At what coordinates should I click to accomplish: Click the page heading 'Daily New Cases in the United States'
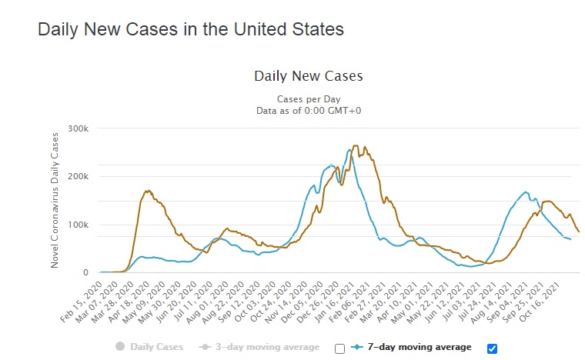tap(190, 31)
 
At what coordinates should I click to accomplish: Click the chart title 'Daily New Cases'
tap(308, 76)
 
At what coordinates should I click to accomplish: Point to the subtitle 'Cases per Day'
tap(308, 99)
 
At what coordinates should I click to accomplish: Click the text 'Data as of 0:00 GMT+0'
tap(308, 111)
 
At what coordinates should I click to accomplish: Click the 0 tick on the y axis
tap(86, 273)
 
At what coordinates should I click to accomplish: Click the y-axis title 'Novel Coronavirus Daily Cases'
tap(55, 200)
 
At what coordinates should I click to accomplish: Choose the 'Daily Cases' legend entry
tap(151, 347)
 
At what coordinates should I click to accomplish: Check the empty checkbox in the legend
tap(339, 348)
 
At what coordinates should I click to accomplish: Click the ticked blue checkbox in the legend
tap(492, 348)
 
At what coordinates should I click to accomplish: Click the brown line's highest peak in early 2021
tap(355, 145)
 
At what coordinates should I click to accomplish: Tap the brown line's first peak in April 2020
tap(147, 191)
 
